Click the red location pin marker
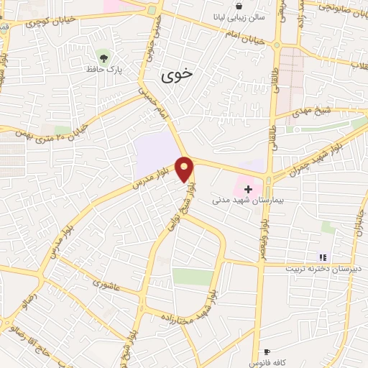(185, 169)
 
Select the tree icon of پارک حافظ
(105, 55)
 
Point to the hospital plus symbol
(248, 188)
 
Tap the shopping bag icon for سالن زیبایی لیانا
(238, 6)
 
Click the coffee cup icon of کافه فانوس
(267, 352)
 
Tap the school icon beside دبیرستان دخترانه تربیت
(323, 257)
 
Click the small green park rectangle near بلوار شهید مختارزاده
(193, 276)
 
